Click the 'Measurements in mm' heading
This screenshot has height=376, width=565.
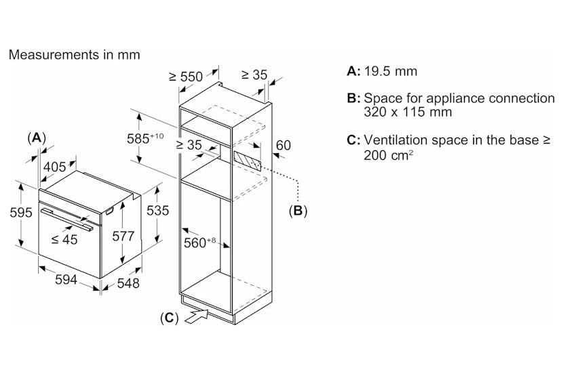(x=74, y=55)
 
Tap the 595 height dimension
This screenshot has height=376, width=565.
(x=21, y=212)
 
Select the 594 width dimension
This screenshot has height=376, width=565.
(x=66, y=279)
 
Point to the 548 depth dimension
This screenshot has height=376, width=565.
(x=128, y=283)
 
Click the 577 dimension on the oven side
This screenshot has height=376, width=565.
(x=123, y=236)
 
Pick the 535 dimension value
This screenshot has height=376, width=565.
(x=157, y=211)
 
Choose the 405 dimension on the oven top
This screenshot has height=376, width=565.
(x=55, y=167)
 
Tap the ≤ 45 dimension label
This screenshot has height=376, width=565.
(x=64, y=239)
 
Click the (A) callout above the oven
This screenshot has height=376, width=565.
(x=37, y=138)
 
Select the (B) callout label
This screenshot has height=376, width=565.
(x=298, y=211)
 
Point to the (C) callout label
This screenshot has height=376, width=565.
(x=170, y=318)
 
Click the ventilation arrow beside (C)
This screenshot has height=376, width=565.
(x=197, y=316)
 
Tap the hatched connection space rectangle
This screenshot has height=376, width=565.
(x=247, y=161)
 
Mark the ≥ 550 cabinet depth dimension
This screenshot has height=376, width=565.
(x=186, y=77)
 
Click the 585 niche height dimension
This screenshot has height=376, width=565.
(x=145, y=138)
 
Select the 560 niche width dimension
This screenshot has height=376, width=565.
(x=199, y=243)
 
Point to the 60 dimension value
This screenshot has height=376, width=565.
(x=284, y=145)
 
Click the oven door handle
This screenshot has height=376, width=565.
(x=66, y=219)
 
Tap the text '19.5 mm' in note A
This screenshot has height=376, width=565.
(x=391, y=71)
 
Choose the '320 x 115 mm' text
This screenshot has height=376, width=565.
(x=408, y=112)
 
